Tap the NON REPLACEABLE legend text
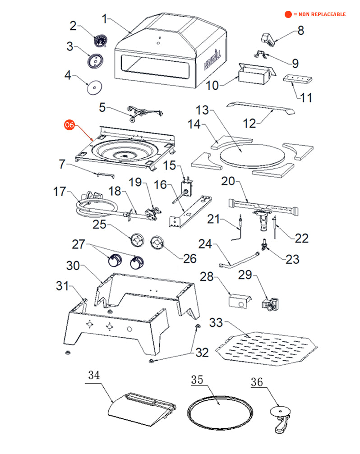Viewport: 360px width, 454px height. (319, 14)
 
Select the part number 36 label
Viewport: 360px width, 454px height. (257, 382)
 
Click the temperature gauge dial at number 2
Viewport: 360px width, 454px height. (100, 41)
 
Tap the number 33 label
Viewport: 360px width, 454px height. (216, 323)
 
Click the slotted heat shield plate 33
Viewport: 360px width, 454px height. (266, 348)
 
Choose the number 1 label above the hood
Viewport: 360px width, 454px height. (105, 19)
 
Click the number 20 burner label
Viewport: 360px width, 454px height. (228, 181)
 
